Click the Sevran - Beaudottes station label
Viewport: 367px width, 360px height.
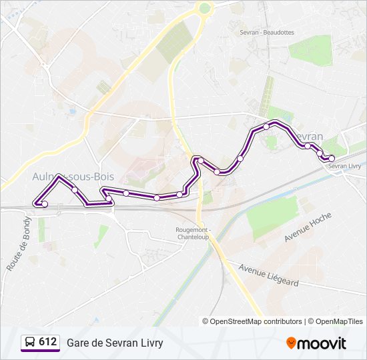click(x=267, y=31)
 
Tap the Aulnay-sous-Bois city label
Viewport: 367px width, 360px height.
click(x=73, y=176)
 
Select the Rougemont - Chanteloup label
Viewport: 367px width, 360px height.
click(x=193, y=233)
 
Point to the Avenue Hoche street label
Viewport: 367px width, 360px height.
click(x=308, y=227)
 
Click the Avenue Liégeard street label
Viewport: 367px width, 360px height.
click(x=269, y=277)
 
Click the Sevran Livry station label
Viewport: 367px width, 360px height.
click(x=345, y=166)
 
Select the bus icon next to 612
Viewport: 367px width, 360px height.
click(x=30, y=343)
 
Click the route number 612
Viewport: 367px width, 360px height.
click(x=48, y=342)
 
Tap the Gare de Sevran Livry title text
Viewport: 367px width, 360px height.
click(x=115, y=343)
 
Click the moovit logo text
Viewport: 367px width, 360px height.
click(x=322, y=343)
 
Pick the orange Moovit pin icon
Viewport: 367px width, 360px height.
click(x=291, y=343)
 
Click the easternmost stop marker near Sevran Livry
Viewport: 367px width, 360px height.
click(x=332, y=158)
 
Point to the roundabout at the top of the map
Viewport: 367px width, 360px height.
click(x=204, y=8)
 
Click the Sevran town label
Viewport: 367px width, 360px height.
click(x=308, y=137)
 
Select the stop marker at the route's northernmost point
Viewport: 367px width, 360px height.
click(x=266, y=126)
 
